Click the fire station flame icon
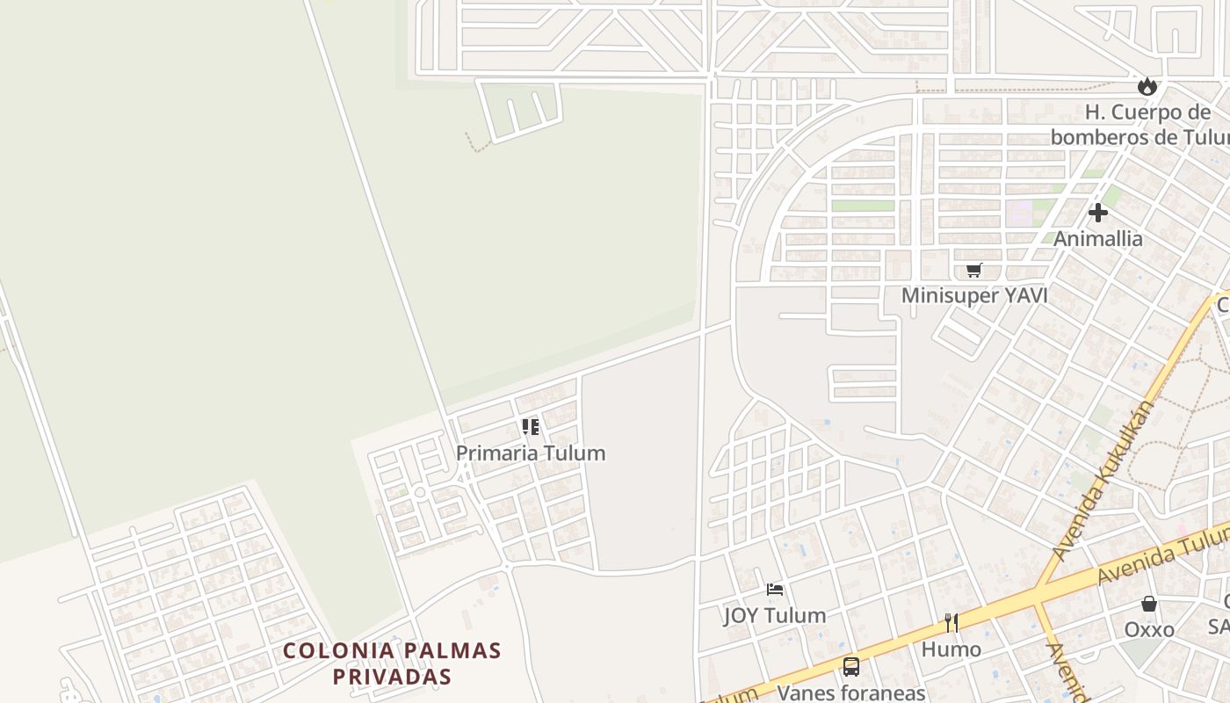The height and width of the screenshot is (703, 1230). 1147,86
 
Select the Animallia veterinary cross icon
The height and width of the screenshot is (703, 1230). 1097,213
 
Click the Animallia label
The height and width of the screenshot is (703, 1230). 1097,239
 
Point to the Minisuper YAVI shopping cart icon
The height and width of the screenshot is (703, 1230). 973,271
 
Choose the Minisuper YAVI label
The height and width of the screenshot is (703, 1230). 973,296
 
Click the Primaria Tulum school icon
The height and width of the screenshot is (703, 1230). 531,427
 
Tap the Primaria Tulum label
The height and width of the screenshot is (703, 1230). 531,453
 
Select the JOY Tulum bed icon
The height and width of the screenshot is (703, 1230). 775,590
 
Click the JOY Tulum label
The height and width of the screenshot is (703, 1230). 775,615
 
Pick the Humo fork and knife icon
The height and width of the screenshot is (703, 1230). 951,623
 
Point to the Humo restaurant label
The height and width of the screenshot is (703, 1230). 951,649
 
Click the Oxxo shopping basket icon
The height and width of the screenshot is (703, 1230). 1148,604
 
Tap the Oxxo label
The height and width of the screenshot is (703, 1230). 1148,630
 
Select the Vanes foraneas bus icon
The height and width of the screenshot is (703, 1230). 850,667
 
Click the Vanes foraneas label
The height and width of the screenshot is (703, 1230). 850,692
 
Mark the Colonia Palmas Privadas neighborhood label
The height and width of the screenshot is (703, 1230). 392,663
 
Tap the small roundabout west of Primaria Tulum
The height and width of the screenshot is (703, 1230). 420,493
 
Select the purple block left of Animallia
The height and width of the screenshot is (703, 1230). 1019,214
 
